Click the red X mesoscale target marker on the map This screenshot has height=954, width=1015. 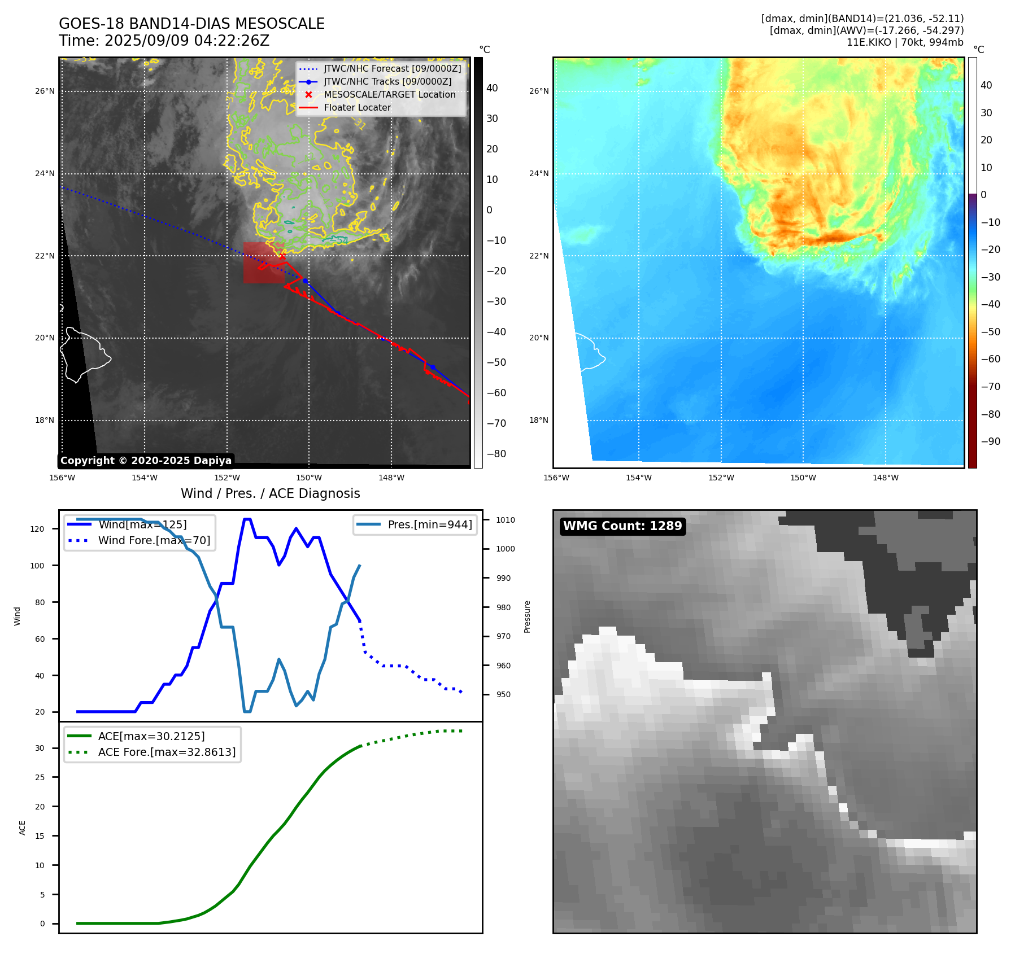coord(282,256)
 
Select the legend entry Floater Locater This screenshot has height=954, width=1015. coord(357,108)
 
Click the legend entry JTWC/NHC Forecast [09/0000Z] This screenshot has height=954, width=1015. coord(392,69)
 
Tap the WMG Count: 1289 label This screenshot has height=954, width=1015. coord(622,526)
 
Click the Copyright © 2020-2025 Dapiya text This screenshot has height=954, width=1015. coord(146,461)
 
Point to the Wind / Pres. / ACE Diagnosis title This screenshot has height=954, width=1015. coord(270,493)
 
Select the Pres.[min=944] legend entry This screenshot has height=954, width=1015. coord(429,524)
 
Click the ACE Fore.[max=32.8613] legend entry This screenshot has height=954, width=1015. coord(167,752)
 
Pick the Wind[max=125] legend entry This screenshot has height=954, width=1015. coord(142,524)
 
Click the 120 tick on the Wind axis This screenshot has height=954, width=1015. coord(37,529)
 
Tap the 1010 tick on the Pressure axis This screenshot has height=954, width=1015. coord(506,520)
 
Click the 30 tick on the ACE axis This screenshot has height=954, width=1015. coord(40,748)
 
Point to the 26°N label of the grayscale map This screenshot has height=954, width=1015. coord(45,91)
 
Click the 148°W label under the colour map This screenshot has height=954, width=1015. coord(885,478)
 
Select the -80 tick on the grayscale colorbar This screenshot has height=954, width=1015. coord(496,454)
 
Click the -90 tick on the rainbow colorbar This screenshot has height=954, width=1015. coord(990,441)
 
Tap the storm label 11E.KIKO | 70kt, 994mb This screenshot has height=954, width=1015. coord(905,42)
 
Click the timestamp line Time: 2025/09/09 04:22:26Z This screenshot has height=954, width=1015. coord(164,41)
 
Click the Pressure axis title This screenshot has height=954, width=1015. coord(527,616)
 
